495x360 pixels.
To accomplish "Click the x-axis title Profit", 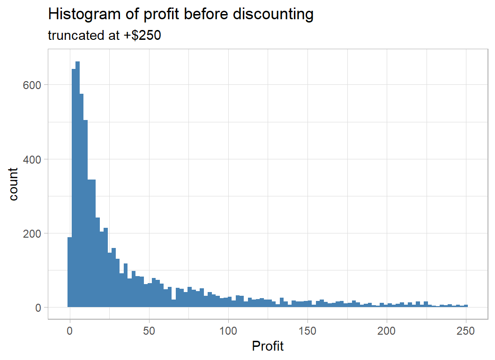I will click(x=268, y=346).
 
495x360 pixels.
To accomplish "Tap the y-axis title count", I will click(x=14, y=184).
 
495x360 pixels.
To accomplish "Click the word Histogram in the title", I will click(x=79, y=15).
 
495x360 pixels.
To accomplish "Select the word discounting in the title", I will click(x=274, y=15).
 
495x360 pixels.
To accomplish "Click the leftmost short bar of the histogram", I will click(x=69, y=272).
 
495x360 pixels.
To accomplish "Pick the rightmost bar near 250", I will click(x=466, y=306).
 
